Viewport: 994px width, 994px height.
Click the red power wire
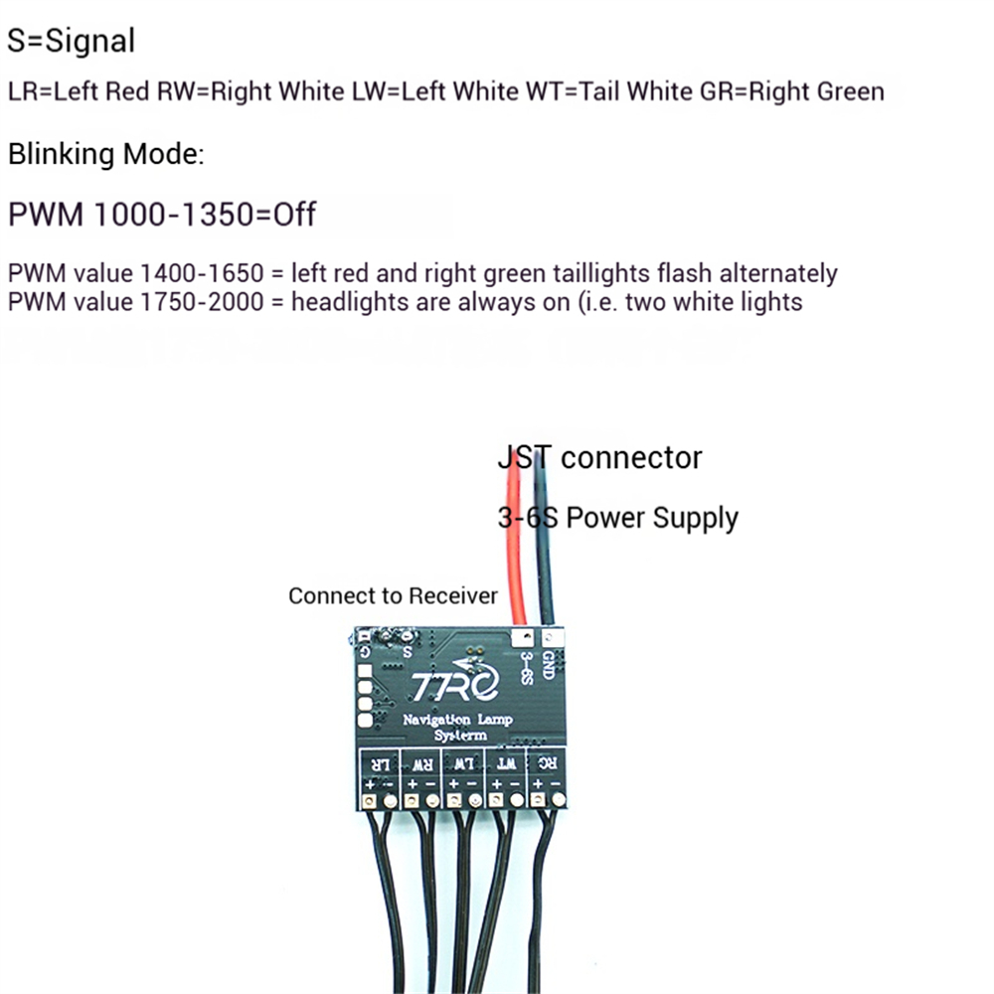tap(515, 557)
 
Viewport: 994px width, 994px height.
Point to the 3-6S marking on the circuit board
tap(526, 667)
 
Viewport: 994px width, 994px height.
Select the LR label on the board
tap(380, 763)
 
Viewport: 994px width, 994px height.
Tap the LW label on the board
tap(463, 763)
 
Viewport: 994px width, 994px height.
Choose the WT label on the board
tap(505, 763)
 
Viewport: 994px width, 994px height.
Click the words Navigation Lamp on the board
tap(450, 720)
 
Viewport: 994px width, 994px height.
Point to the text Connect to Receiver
tap(393, 595)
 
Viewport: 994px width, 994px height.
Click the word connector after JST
tap(631, 457)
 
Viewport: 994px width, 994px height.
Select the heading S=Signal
tap(71, 41)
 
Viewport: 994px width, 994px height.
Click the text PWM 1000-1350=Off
tap(162, 214)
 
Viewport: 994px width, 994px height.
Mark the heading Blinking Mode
tap(106, 155)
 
